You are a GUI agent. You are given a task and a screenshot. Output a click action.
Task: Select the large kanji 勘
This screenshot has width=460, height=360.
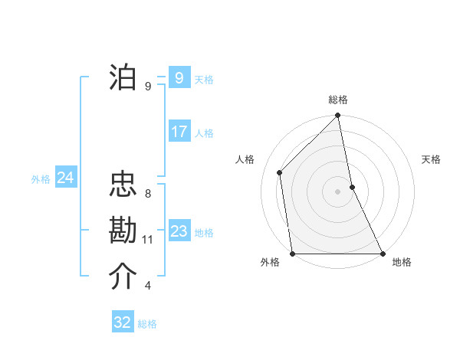tap(123, 231)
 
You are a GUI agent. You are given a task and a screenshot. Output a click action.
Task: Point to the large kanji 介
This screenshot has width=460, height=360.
tap(123, 277)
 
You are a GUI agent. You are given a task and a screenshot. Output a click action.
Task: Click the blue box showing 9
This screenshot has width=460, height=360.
tap(179, 77)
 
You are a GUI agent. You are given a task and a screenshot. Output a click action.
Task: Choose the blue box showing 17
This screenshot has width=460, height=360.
tap(179, 132)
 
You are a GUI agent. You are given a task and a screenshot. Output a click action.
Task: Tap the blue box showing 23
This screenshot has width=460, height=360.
tap(179, 231)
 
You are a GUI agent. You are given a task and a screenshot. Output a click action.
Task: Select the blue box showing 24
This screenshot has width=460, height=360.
tap(65, 178)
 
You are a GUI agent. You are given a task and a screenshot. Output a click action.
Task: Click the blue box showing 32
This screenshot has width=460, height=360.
tap(123, 322)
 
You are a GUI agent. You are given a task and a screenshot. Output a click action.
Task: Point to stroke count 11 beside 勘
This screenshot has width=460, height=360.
tap(148, 240)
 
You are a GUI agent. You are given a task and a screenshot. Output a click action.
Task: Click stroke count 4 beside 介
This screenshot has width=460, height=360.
tap(148, 286)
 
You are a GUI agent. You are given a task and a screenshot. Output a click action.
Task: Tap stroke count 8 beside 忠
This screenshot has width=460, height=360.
tap(148, 194)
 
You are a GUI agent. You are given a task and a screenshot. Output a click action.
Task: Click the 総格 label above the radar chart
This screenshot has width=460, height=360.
tap(338, 100)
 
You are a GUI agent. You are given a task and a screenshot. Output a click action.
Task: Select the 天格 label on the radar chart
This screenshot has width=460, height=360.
tap(432, 159)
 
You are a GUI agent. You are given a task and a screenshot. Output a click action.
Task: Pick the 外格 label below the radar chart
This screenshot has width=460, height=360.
tap(269, 263)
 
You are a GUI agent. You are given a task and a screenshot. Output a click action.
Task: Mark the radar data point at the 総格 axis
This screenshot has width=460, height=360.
tap(338, 116)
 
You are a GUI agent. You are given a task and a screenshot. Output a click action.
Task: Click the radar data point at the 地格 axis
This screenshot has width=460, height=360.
tap(383, 253)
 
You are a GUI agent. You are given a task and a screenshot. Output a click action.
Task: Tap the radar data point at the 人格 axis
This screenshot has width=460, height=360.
tap(280, 172)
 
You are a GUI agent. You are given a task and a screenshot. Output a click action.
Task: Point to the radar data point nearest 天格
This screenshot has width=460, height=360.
tap(352, 187)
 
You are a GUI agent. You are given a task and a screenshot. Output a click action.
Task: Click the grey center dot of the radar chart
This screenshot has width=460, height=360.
tap(338, 191)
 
